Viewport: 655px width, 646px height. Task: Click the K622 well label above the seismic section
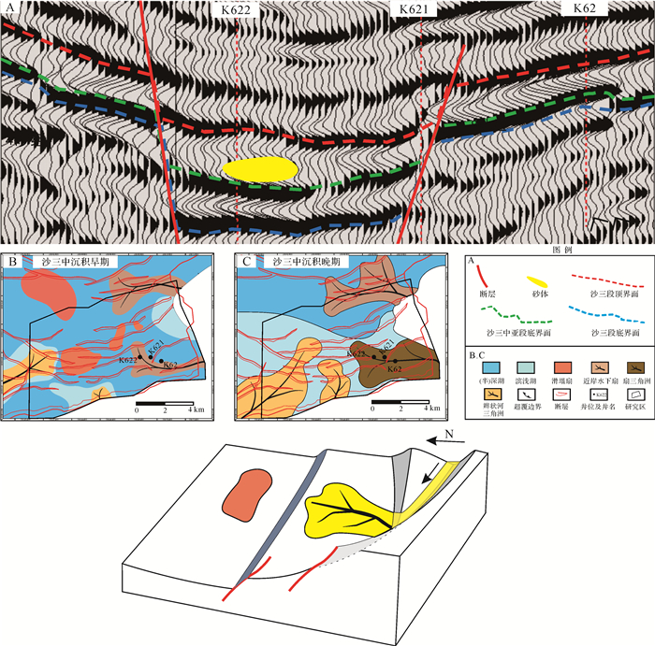(x=237, y=8)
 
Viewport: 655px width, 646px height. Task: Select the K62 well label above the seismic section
(x=585, y=8)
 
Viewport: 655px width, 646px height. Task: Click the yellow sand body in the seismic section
(x=260, y=169)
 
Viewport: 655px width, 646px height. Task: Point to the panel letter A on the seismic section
(x=9, y=8)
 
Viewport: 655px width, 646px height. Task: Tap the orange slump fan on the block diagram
(x=245, y=493)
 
